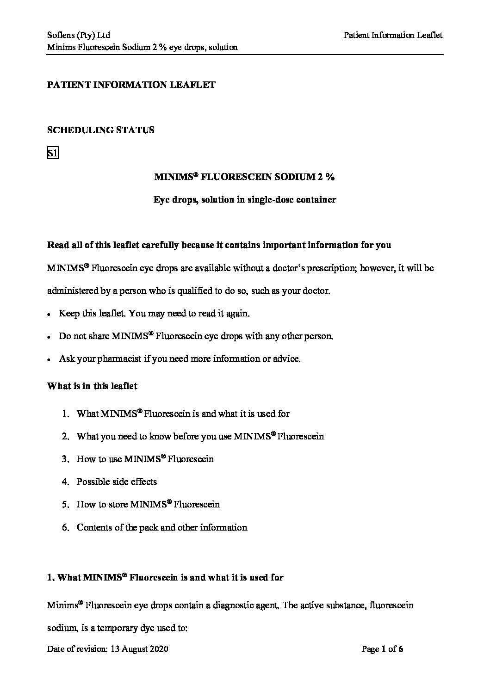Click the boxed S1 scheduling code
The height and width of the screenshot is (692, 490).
(52, 153)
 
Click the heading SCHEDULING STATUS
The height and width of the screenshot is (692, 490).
(101, 130)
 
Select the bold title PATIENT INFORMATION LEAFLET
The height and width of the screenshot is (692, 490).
(131, 85)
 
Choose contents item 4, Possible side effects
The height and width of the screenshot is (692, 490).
(117, 482)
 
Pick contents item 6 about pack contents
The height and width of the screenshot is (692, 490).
(161, 527)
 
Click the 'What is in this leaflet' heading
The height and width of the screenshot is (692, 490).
(92, 386)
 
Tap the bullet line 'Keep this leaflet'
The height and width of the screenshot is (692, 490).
(155, 314)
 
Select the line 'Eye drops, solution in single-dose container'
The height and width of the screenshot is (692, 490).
(245, 200)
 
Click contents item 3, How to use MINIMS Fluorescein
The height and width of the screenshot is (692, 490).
(145, 459)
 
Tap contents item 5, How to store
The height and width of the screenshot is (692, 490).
(148, 504)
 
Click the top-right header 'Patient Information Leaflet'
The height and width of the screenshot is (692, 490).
(393, 35)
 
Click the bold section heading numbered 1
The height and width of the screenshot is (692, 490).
(165, 577)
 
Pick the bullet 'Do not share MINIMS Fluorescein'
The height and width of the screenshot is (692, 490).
(196, 336)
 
